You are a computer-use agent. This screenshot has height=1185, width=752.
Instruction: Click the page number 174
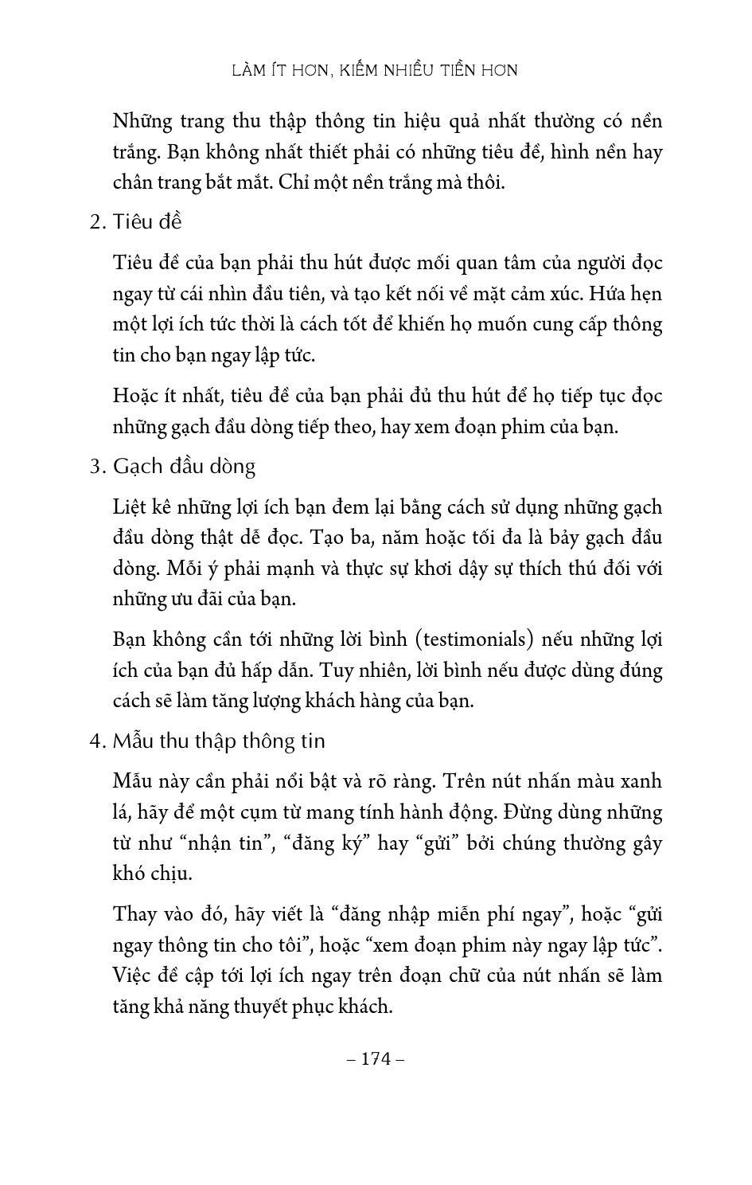(x=376, y=1058)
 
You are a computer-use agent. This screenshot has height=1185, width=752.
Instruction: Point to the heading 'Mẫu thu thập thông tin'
(x=219, y=741)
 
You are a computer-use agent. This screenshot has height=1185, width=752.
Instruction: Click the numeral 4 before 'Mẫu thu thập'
(x=95, y=741)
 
